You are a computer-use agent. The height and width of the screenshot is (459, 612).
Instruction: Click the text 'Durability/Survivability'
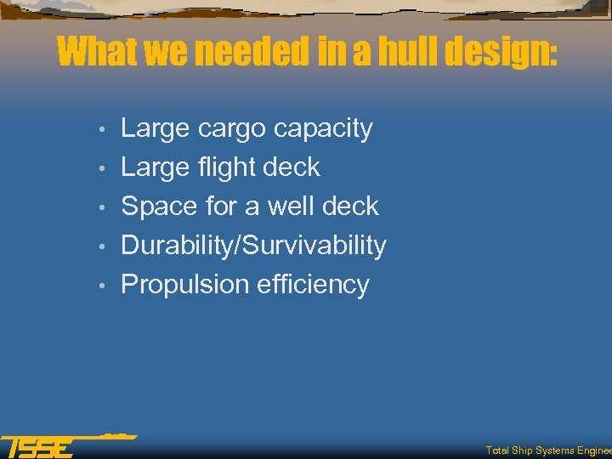253,246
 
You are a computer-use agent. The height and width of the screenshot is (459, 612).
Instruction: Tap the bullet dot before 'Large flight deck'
101,169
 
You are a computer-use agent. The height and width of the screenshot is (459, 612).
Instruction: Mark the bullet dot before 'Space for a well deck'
101,208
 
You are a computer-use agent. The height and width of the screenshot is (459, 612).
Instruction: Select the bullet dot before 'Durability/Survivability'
101,247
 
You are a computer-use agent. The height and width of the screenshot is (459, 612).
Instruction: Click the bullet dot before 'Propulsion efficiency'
101,286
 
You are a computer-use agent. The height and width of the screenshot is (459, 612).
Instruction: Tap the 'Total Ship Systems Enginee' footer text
548,450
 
